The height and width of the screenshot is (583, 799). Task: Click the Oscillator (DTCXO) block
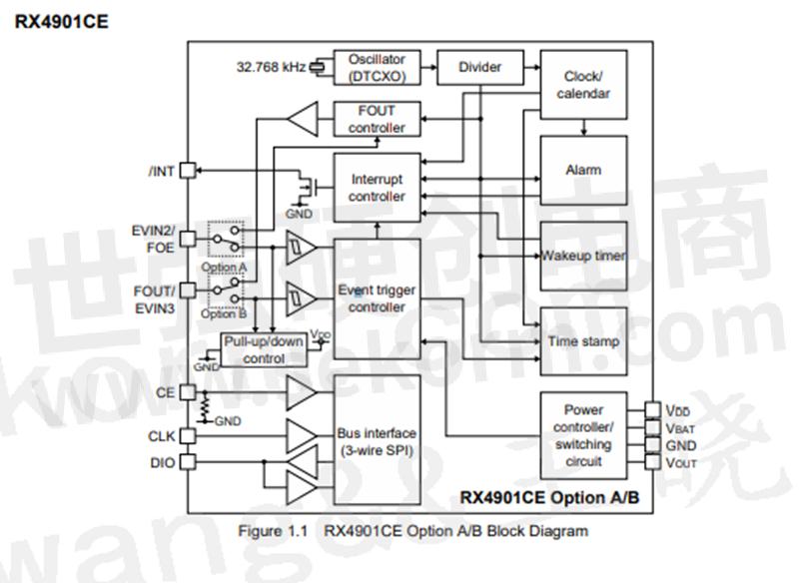pos(377,68)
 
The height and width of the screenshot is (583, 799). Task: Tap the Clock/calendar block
pos(583,86)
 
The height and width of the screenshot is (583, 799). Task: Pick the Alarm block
pos(583,170)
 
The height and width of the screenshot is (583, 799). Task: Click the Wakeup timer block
pos(583,256)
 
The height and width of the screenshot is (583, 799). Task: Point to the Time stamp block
pos(583,341)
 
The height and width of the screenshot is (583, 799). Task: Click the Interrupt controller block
pos(377,189)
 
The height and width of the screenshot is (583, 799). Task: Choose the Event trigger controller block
pos(377,298)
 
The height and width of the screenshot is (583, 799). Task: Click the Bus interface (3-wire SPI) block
pos(377,441)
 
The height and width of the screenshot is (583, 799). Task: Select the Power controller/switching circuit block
pos(583,435)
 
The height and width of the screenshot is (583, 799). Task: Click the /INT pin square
pos(186,171)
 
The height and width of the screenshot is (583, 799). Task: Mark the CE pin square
pos(186,393)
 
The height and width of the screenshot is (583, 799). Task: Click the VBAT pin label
pos(679,427)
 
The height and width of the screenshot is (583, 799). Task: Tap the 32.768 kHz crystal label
pos(271,68)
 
